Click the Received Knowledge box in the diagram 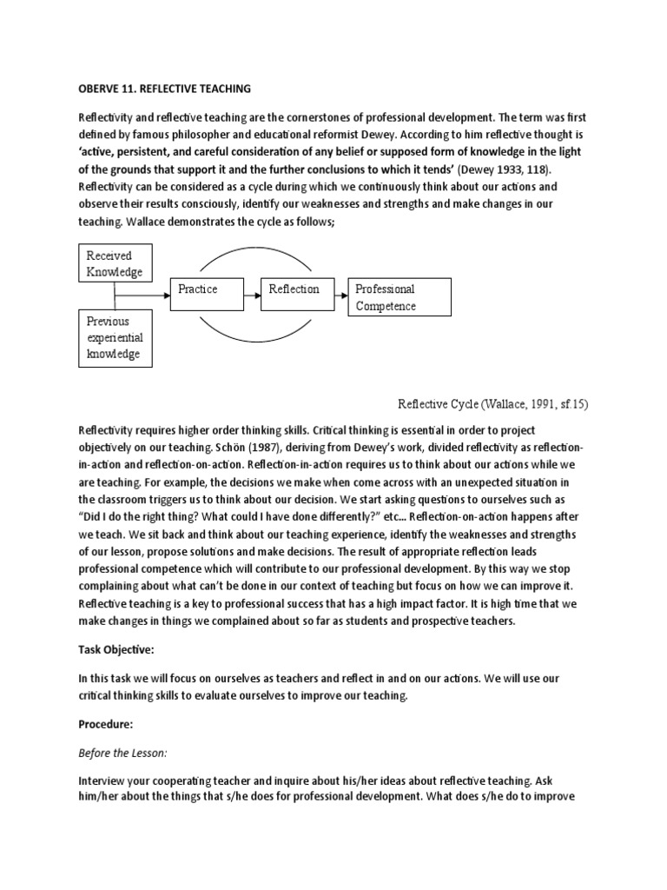click(116, 263)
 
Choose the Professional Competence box click(400, 297)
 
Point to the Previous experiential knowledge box click(116, 338)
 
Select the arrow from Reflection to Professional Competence click(338, 296)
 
